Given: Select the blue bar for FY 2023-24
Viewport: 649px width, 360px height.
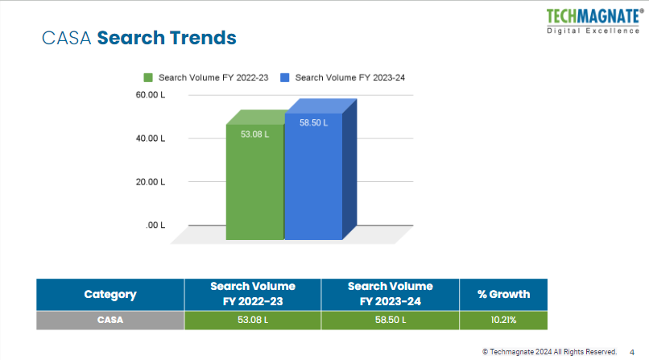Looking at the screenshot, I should coord(313,181).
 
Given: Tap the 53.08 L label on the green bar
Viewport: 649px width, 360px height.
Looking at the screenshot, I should coord(254,134).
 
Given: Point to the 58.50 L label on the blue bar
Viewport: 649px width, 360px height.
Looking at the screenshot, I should coord(313,123).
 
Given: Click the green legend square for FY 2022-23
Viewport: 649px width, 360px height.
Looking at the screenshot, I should coord(148,77).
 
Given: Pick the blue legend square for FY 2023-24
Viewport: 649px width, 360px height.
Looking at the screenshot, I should coord(285,77).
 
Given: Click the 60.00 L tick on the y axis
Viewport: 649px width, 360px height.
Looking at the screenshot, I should coord(150,95).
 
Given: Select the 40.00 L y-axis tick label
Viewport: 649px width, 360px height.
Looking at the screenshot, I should coord(150,139).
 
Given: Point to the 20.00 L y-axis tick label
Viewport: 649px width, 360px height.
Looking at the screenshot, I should coord(150,182).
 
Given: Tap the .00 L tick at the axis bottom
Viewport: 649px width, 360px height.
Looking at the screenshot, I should coord(155,226).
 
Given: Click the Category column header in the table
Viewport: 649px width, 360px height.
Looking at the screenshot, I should coord(110,295).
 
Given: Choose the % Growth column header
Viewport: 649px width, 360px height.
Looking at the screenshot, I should coord(503,295).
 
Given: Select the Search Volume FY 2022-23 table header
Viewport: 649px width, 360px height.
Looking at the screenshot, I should coord(253,295).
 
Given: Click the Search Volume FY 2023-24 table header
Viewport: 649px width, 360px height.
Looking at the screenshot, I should coord(390,295).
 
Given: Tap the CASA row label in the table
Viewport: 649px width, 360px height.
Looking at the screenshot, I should coord(110,321).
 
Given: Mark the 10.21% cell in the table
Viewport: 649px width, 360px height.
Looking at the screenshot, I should coord(503,321).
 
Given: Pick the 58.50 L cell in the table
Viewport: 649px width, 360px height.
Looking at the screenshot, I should coord(390,321).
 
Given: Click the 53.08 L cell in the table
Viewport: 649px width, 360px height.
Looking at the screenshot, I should coord(253,321).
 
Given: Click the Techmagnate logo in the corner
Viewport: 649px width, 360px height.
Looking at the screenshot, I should coord(594,21).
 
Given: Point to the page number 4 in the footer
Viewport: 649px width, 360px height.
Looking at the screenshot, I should coord(631,352).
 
